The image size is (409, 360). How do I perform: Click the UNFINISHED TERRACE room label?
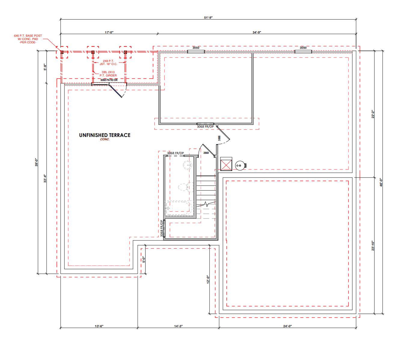105,135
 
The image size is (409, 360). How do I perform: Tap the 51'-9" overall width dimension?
208,17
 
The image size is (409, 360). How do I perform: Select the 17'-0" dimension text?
109,32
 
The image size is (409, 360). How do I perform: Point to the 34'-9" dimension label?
257,32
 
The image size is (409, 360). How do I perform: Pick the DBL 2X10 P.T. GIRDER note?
108,74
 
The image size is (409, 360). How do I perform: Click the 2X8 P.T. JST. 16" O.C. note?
108,62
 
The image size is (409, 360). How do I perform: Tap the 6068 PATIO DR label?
109,80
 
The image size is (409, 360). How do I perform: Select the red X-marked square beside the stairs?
226,165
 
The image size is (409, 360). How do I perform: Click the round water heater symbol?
240,166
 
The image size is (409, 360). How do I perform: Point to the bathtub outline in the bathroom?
178,208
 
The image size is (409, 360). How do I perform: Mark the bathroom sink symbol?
188,165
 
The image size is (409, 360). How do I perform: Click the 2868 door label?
206,153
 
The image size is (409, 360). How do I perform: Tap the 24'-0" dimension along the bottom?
287,326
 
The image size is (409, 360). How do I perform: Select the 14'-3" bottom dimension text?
178,326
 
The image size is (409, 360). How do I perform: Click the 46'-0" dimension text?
381,182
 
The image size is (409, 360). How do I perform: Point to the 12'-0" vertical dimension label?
208,279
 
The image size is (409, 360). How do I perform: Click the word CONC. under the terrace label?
105,139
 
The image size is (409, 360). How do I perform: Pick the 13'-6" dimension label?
99,326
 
